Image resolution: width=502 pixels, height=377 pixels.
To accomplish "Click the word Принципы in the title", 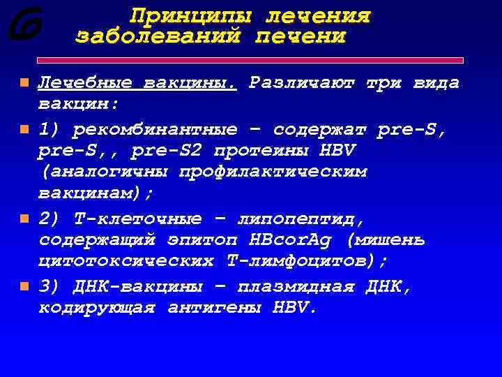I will click(182, 15).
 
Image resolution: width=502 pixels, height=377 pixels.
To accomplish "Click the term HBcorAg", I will click(292, 241).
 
